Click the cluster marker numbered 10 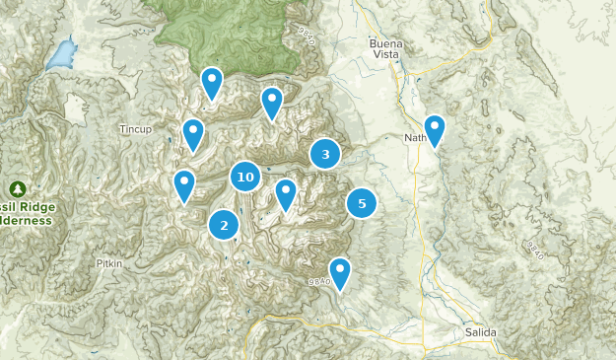(245, 178)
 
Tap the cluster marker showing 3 (325, 154)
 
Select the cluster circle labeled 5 (362, 203)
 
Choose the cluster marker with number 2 (225, 225)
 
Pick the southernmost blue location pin (340, 273)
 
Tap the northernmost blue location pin (211, 83)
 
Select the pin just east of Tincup (193, 133)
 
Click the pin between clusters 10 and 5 (286, 194)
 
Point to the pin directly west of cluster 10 (184, 185)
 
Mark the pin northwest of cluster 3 (271, 103)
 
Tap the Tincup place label (136, 129)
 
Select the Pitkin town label (108, 263)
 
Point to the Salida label (481, 333)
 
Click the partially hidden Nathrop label (414, 138)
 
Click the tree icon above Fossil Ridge (17, 188)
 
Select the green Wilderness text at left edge (26, 221)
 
